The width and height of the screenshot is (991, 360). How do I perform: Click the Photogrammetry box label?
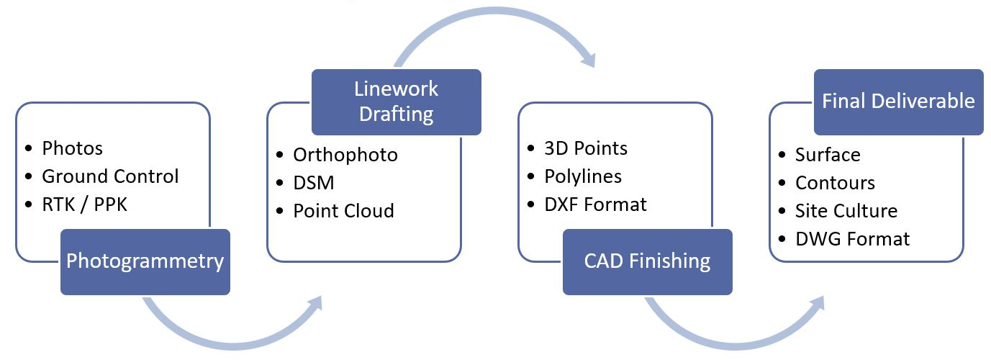click(x=145, y=261)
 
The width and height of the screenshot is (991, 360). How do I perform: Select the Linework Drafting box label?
click(x=396, y=102)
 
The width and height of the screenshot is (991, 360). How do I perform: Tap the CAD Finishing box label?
click(x=647, y=261)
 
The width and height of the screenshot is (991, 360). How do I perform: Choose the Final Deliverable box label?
click(x=898, y=102)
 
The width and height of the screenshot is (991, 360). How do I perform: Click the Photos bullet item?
click(x=72, y=148)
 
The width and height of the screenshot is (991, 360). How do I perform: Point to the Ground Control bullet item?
click(x=110, y=176)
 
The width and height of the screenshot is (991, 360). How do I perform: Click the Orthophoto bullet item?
click(x=345, y=155)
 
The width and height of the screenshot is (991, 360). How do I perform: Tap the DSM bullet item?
click(x=314, y=183)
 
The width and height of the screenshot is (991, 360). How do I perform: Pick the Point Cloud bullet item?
click(x=343, y=211)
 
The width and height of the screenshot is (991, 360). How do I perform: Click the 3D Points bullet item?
click(x=586, y=148)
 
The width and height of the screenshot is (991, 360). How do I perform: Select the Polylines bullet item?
click(x=583, y=176)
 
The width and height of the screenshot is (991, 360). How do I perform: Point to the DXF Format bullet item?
click(x=595, y=204)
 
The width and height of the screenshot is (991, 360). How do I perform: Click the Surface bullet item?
click(x=828, y=155)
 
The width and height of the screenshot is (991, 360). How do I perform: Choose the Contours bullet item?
click(x=835, y=183)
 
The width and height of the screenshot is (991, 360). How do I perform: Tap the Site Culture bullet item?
click(x=846, y=211)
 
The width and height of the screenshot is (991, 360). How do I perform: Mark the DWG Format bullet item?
click(x=852, y=239)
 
